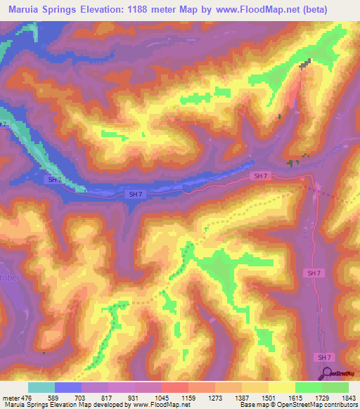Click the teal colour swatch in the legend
[x=41, y=387]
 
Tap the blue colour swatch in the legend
[x=68, y=387]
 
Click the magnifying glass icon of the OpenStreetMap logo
[x=326, y=375]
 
